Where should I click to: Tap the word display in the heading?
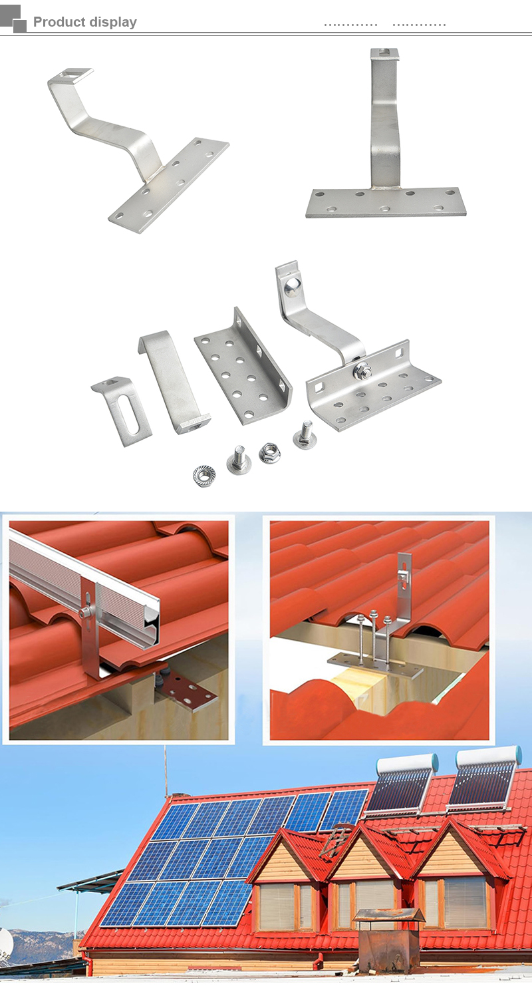point(112,22)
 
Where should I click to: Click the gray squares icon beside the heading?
point(13,19)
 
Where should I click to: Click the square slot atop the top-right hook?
point(384,52)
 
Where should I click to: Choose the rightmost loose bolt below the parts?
point(305,434)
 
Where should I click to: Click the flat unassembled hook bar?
point(174,382)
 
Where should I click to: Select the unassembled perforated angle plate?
point(243,366)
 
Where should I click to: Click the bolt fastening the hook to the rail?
point(84,613)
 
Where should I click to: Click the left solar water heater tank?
point(407,763)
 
